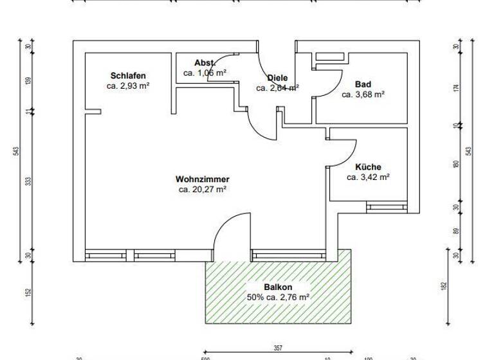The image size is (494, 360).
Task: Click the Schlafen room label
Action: click(x=127, y=75)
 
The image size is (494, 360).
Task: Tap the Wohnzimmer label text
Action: click(x=202, y=179)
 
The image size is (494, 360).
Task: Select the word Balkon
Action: click(x=278, y=287)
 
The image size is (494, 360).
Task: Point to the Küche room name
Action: click(x=368, y=167)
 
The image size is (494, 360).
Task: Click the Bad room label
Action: click(x=363, y=84)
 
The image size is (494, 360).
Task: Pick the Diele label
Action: click(x=277, y=78)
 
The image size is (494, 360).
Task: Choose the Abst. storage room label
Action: click(x=205, y=63)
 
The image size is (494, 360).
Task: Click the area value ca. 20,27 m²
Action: click(x=202, y=190)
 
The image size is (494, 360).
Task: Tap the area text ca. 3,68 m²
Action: click(x=363, y=94)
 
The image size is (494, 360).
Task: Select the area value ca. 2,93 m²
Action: click(x=128, y=85)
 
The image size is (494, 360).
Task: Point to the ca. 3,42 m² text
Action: click(x=368, y=177)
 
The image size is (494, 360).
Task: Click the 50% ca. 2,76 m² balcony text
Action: click(x=278, y=298)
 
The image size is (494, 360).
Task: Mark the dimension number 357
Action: click(x=278, y=348)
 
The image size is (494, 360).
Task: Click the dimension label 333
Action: click(x=28, y=182)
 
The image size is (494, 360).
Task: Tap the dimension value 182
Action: click(x=444, y=285)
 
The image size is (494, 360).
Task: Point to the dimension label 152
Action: click(x=28, y=292)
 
